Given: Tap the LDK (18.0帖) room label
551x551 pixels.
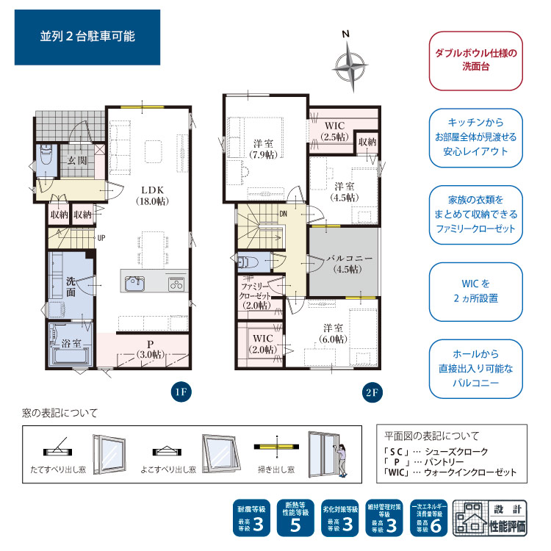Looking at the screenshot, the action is click(x=152, y=195).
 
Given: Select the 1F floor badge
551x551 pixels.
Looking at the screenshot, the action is click(x=181, y=392).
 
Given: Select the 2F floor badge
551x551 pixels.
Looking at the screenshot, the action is click(x=372, y=392).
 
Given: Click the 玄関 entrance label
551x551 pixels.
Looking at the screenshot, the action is click(x=77, y=161).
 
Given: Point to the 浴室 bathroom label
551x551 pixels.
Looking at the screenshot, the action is click(x=71, y=343).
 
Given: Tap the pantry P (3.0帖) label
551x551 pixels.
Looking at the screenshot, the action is click(x=151, y=349).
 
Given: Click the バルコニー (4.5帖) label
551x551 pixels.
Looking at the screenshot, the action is click(x=348, y=264).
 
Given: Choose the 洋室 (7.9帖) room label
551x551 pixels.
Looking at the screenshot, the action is click(x=263, y=149).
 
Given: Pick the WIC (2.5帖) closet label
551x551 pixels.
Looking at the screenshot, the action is click(x=334, y=131).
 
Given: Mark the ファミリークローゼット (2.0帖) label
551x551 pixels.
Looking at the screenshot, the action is click(x=256, y=296).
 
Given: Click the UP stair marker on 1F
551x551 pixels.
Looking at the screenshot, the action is click(x=101, y=238).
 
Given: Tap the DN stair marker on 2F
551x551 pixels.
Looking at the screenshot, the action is click(x=284, y=214).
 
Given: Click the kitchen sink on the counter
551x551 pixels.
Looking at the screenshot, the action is click(x=135, y=284).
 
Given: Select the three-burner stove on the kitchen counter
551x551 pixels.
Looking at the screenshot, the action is click(x=176, y=284).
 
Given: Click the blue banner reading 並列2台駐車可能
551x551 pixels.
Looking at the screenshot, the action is click(x=87, y=37).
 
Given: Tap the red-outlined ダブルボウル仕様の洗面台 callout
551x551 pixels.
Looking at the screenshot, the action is click(x=476, y=60).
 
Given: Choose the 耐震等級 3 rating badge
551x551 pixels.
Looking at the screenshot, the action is click(x=251, y=518).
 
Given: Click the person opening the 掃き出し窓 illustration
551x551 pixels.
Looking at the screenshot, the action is click(x=342, y=460).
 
